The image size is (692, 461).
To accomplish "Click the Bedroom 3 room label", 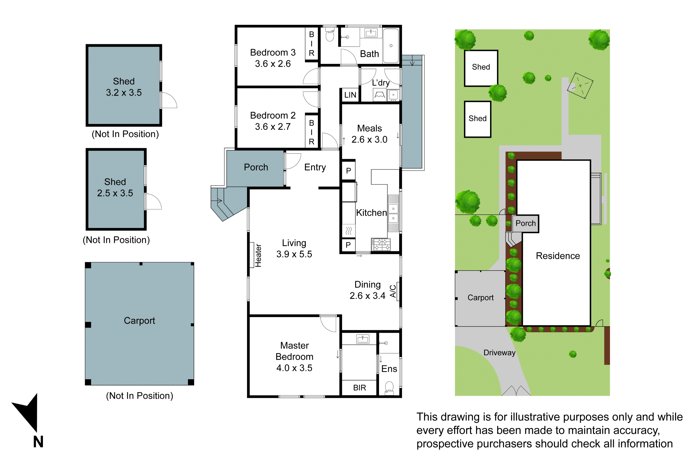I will click(273, 58).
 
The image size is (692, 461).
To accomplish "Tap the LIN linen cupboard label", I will click(350, 95).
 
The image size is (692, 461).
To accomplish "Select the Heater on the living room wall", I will click(252, 255).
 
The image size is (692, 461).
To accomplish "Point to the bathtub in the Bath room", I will click(391, 46).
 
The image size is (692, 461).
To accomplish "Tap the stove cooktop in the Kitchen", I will click(381, 244).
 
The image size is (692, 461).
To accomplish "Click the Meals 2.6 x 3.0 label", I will click(369, 134).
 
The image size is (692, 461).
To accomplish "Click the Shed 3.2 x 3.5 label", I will click(124, 87).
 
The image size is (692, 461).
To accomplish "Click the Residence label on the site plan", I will click(558, 256).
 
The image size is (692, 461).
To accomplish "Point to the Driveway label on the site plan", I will click(499, 352).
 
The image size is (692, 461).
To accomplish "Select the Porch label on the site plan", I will click(525, 223).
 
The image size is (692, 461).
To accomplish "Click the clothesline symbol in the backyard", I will click(580, 86).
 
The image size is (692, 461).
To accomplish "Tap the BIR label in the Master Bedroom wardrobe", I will click(360, 387).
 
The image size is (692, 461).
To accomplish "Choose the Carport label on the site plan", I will click(480, 298).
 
